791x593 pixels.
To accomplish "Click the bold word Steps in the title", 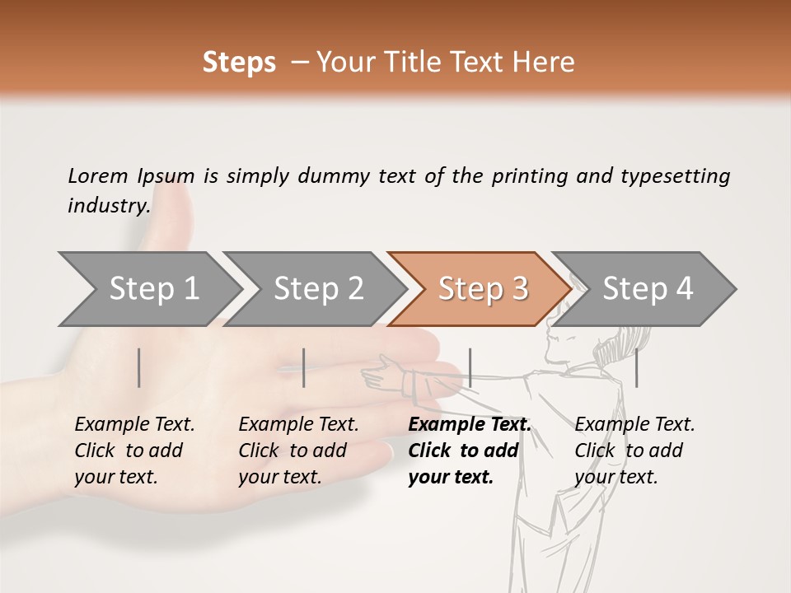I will [239, 63].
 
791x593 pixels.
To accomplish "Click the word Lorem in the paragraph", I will [97, 175].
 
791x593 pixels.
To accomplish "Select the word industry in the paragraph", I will [108, 205].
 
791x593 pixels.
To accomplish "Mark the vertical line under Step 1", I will [139, 367].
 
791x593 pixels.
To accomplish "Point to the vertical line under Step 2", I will [304, 367].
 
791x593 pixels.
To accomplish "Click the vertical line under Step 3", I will [470, 367].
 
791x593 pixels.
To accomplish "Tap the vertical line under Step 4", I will [636, 367].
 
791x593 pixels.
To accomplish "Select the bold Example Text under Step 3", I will [470, 425].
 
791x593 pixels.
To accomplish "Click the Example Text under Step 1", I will [134, 425].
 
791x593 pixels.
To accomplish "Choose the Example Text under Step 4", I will [634, 425].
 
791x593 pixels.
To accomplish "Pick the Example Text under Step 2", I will [298, 425].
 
